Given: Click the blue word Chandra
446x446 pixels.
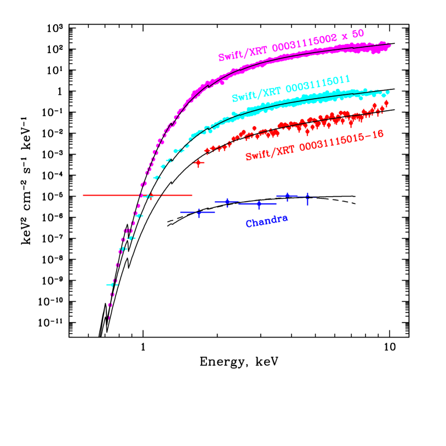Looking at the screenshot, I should pos(267,221).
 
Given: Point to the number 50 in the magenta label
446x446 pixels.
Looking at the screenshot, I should pos(357,33).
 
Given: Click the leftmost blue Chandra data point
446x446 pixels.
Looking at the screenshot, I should pos(198,212).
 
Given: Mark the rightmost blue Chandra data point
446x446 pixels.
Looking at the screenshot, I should pos(307,197).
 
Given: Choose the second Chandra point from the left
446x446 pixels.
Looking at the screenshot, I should pos(227,202).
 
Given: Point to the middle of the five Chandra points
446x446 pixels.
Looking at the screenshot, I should pos(259,204).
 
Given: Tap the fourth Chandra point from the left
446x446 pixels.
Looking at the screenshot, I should pos(287,196).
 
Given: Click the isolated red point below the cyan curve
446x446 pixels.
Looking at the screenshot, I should pos(198,163).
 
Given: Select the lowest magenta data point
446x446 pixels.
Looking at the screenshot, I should pos(108,317).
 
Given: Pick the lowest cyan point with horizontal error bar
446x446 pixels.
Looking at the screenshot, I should pos(112,284).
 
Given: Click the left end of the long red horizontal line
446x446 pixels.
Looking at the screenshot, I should pos(83,195).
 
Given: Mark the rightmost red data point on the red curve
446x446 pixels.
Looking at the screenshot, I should pos(386,102).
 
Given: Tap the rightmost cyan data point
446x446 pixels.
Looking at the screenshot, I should pos(387,92).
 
